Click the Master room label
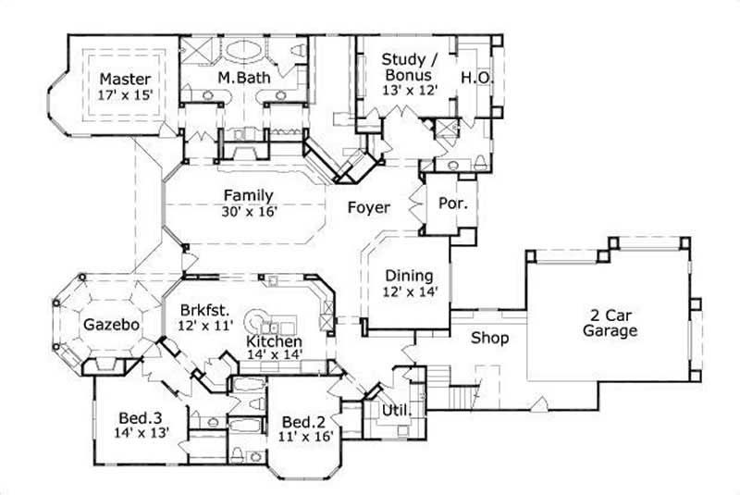pos(125,78)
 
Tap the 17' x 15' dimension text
pos(125,93)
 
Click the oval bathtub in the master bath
pos(244,50)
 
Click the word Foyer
pos(368,207)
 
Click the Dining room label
pos(408,276)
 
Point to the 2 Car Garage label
pos(609,321)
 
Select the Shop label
pos(489,338)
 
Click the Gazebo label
pos(111,325)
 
